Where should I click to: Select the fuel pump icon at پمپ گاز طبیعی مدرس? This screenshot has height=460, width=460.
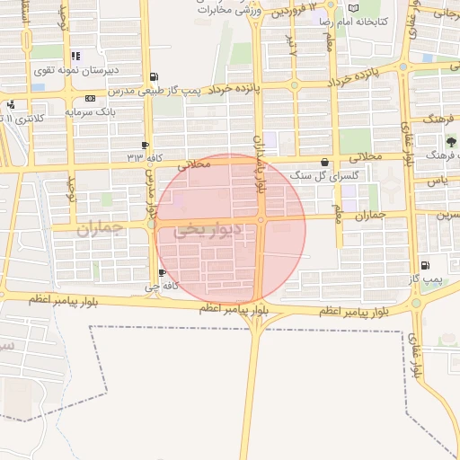point(155,76)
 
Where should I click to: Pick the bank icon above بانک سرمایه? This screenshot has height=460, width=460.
point(90,98)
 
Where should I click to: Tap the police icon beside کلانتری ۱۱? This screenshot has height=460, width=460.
point(8,104)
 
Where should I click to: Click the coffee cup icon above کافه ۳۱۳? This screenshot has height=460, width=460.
point(146,145)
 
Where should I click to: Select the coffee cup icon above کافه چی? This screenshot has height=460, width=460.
point(162,273)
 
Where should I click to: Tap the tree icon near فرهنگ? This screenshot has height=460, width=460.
point(451,142)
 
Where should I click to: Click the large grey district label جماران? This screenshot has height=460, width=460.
point(98,229)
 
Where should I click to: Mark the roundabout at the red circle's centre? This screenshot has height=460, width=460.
point(261,220)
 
